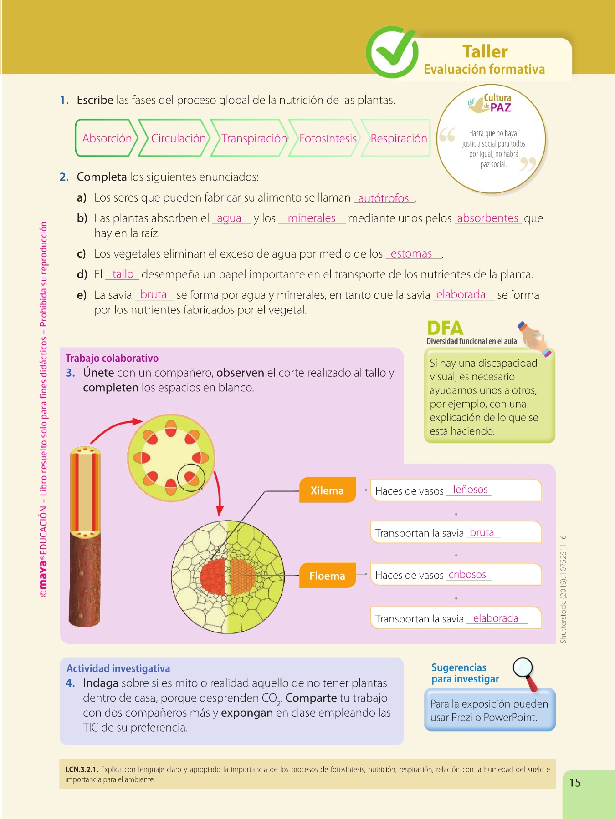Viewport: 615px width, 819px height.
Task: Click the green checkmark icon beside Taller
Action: (392, 52)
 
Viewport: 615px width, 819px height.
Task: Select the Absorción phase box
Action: (107, 138)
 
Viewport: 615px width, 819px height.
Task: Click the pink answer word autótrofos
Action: (384, 198)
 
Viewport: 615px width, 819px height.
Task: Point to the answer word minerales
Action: (312, 218)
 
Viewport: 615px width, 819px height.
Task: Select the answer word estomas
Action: (411, 254)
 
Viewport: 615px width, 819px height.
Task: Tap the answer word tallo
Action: (123, 274)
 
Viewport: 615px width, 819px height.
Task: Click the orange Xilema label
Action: (327, 490)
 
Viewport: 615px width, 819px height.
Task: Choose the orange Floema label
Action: (327, 576)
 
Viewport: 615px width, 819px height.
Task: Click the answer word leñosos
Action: (470, 490)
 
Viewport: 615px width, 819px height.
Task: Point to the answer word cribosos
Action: (467, 575)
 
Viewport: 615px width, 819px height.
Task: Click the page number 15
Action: (575, 783)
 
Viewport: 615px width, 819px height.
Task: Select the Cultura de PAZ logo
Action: (491, 103)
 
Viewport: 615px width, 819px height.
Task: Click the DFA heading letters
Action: (445, 329)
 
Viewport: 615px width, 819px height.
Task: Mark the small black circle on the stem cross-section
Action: (191, 478)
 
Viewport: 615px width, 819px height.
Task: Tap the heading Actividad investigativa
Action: (118, 668)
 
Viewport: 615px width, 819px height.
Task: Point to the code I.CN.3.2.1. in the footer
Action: (82, 770)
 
